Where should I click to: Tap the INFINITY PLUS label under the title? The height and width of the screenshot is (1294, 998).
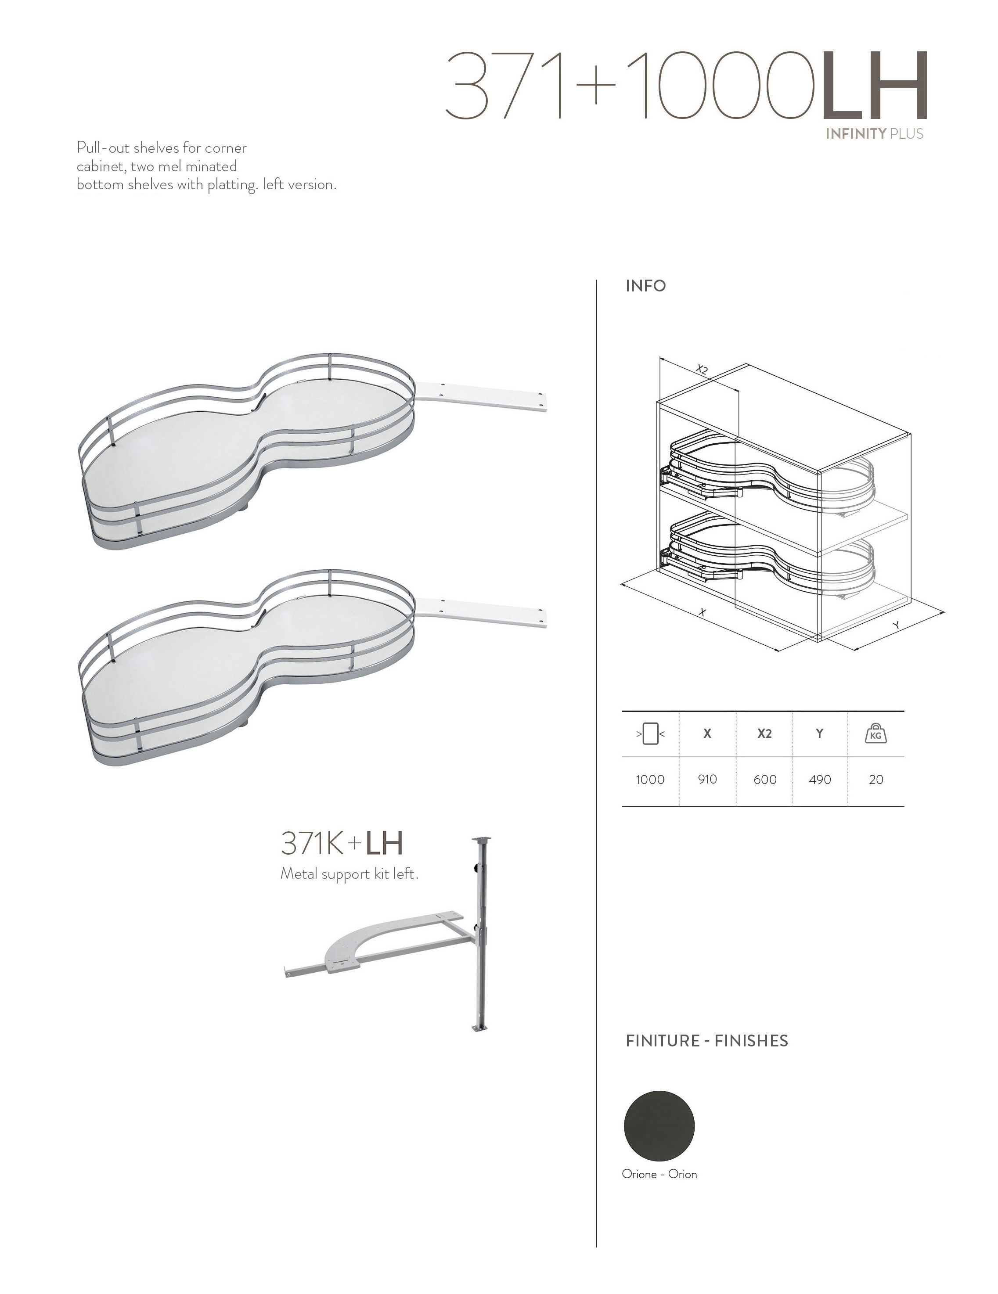pos(875,133)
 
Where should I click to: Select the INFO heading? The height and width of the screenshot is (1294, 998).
pos(646,286)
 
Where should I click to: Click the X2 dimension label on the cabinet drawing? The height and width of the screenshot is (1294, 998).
pos(702,370)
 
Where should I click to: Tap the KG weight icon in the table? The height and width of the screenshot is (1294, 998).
pos(876,734)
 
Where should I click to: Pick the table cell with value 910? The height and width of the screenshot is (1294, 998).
pos(708,779)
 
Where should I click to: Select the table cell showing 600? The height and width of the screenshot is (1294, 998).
pos(764,780)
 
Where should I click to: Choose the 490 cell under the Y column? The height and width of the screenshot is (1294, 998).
pos(820,780)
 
